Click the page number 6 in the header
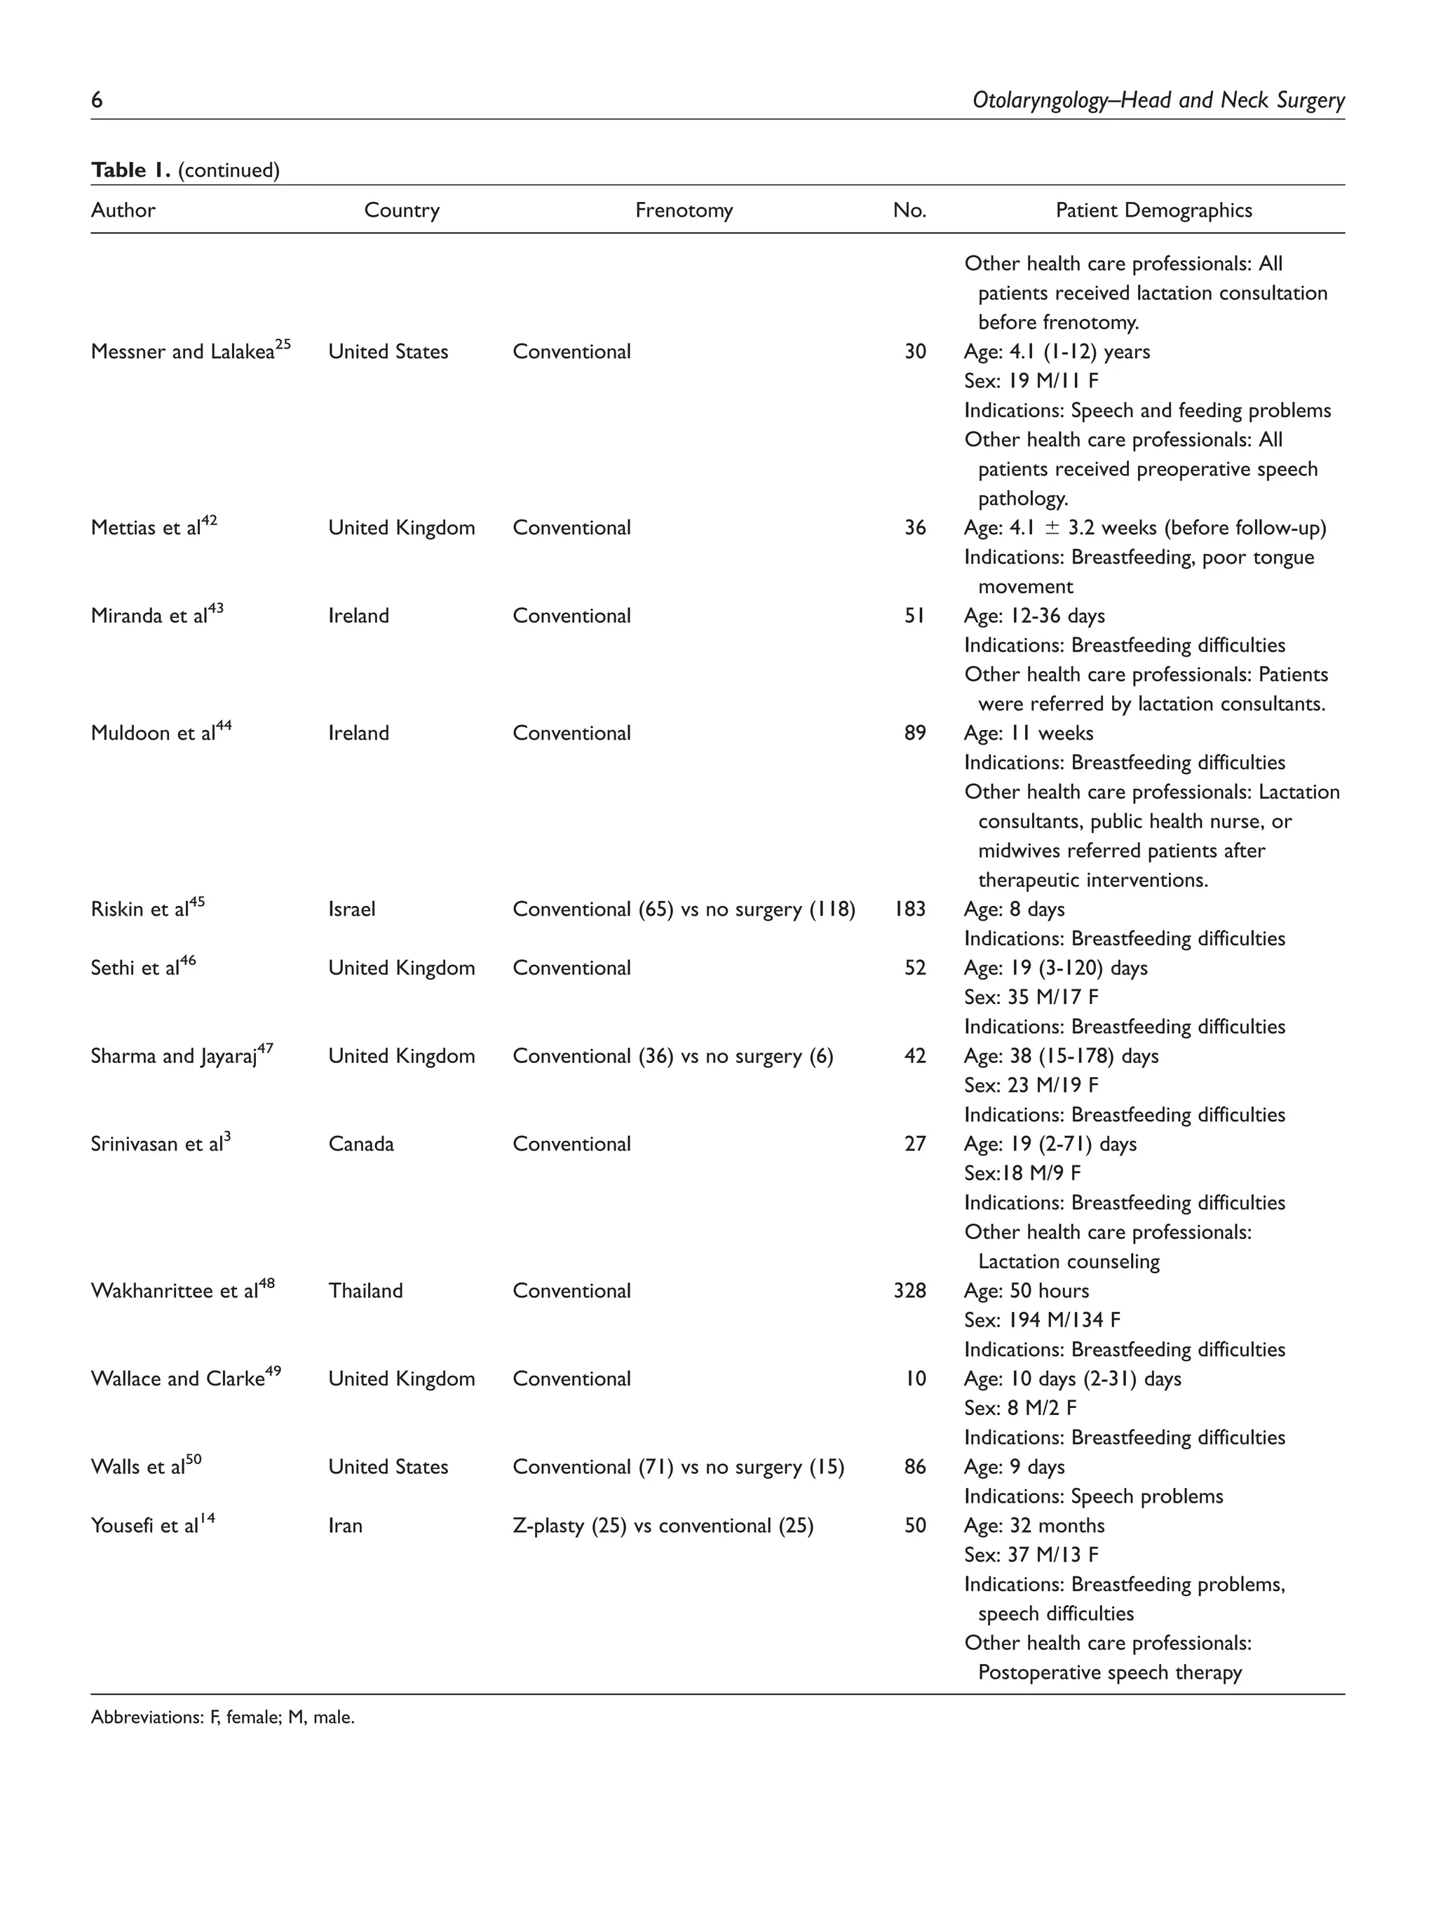click(x=97, y=100)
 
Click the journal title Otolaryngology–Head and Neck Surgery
click(x=1158, y=101)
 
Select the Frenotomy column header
click(x=684, y=210)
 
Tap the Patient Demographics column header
click(x=1153, y=210)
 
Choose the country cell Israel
click(x=352, y=909)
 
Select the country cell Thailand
click(x=366, y=1291)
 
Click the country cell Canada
click(x=360, y=1144)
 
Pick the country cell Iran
click(x=345, y=1526)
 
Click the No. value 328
click(x=909, y=1291)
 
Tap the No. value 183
click(x=909, y=909)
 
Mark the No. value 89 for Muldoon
click(x=915, y=733)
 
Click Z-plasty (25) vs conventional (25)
click(x=663, y=1526)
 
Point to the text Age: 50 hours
click(x=1026, y=1291)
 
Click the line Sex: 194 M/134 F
click(x=1042, y=1321)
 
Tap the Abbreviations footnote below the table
click(x=222, y=1718)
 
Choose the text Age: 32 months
click(x=1034, y=1526)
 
